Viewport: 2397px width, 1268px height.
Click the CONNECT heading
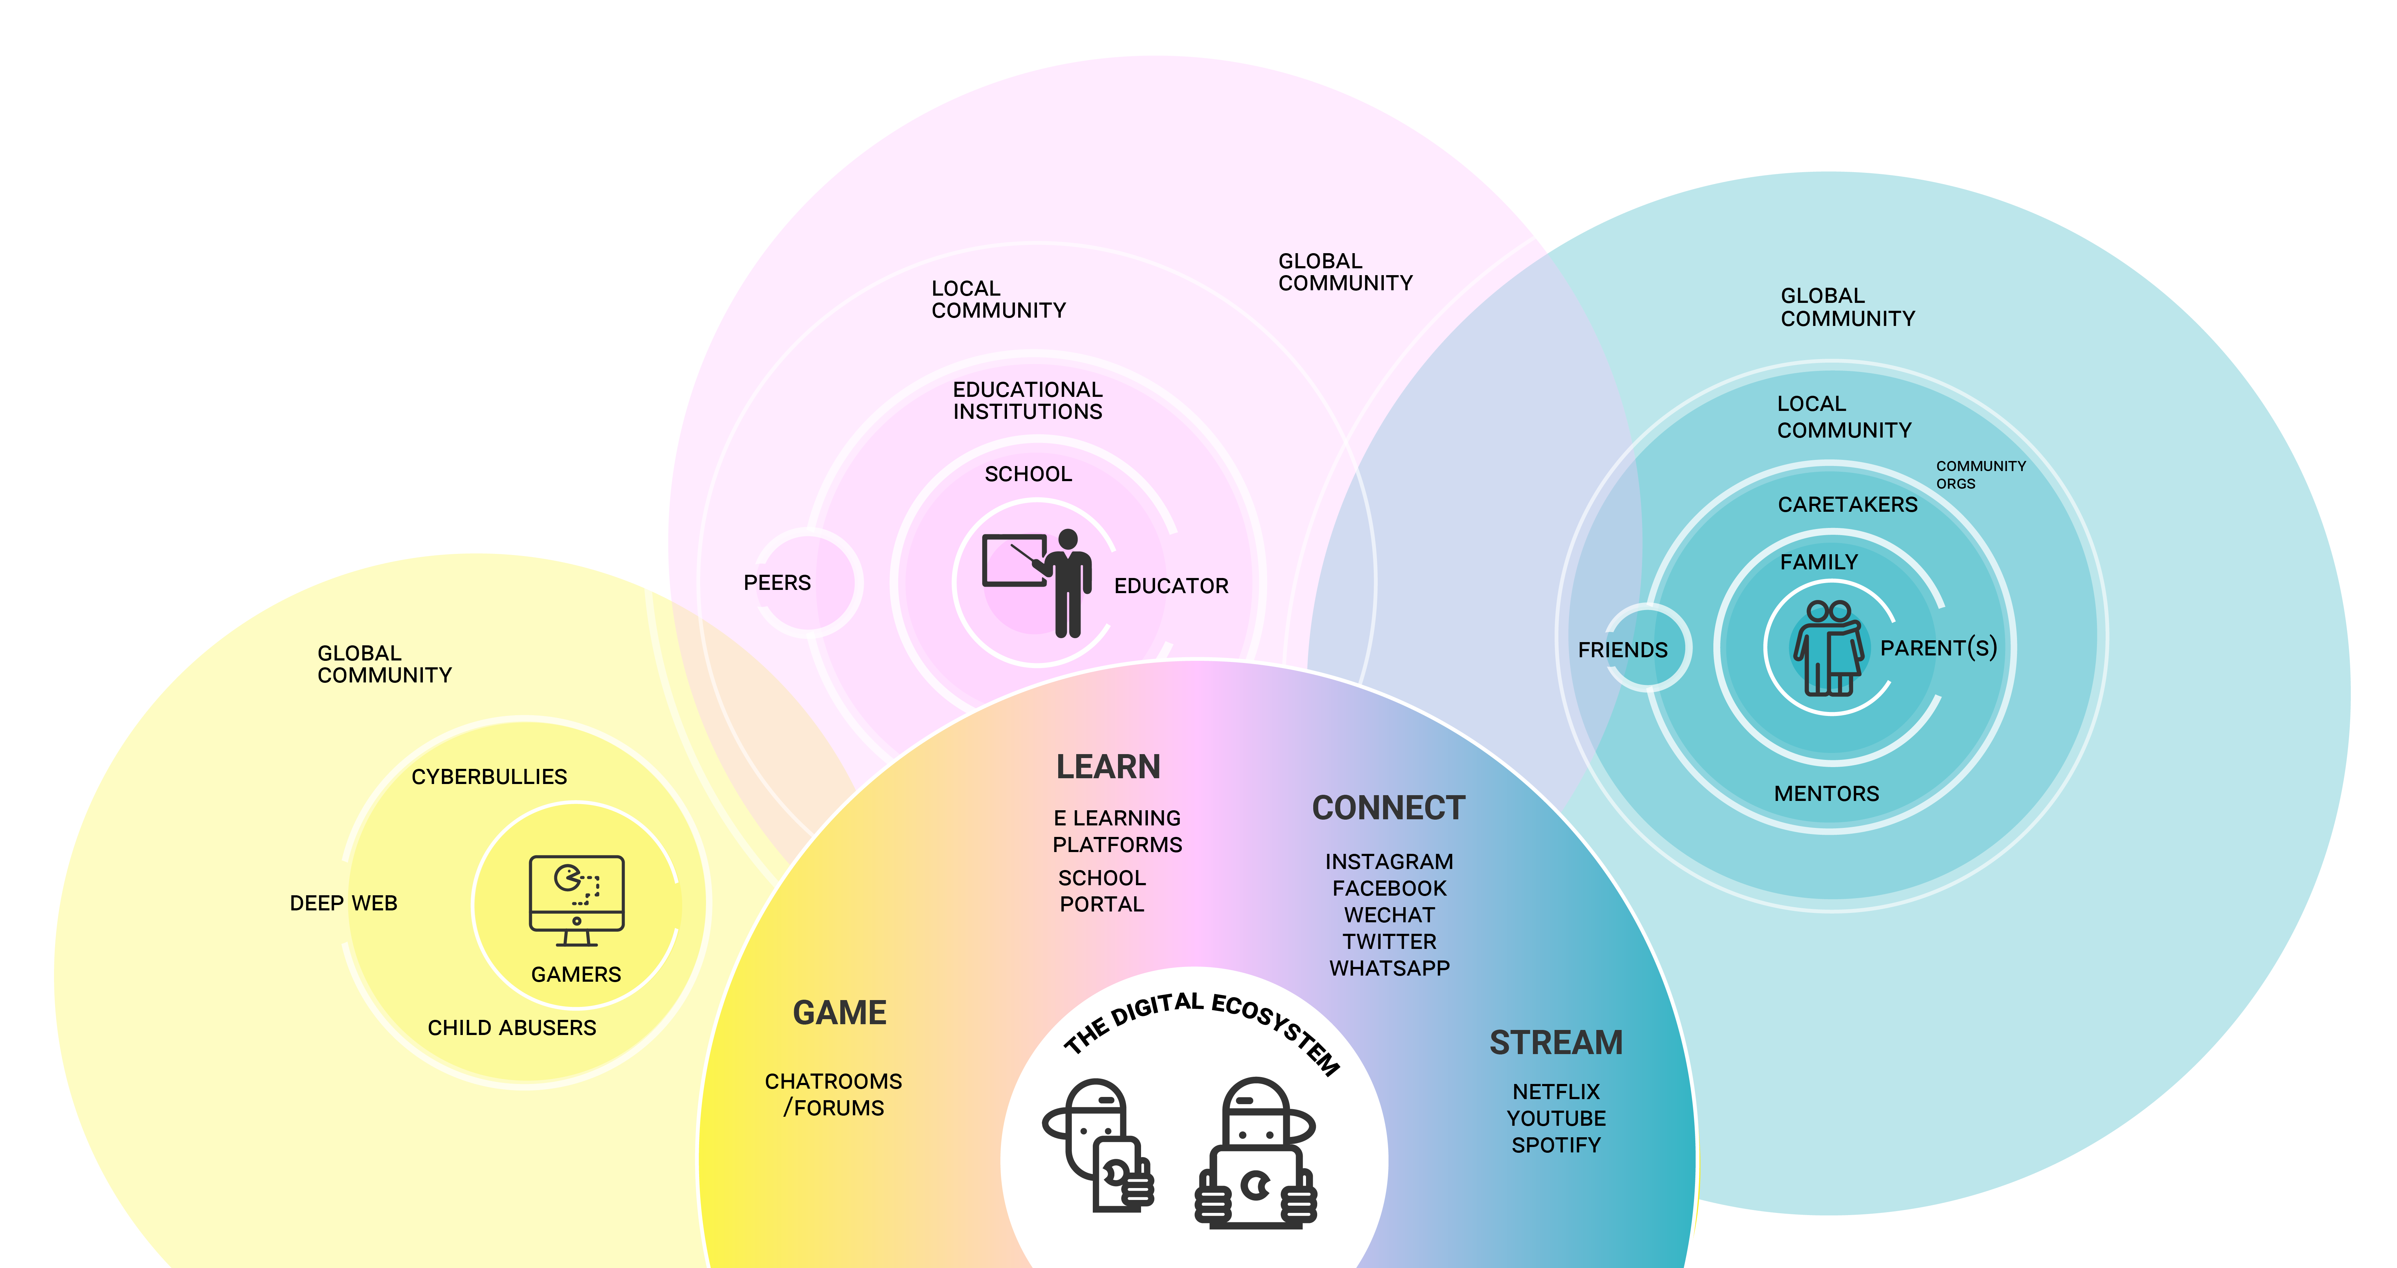point(1388,807)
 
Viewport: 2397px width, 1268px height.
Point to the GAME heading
point(839,1012)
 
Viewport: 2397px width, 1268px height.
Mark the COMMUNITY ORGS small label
point(1980,474)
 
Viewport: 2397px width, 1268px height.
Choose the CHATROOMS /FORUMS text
point(834,1094)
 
